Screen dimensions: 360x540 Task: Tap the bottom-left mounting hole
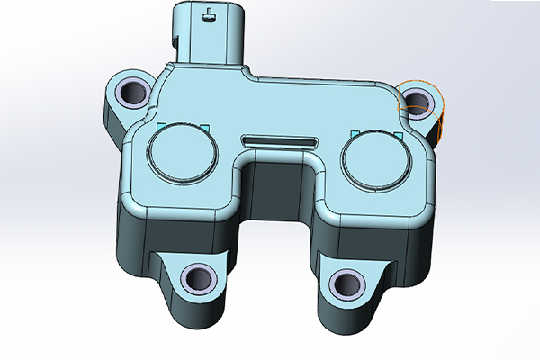point(197,278)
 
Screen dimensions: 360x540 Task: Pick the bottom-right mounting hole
point(345,283)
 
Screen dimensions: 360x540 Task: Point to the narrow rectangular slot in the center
point(278,140)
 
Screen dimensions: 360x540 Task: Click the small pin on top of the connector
point(209,13)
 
